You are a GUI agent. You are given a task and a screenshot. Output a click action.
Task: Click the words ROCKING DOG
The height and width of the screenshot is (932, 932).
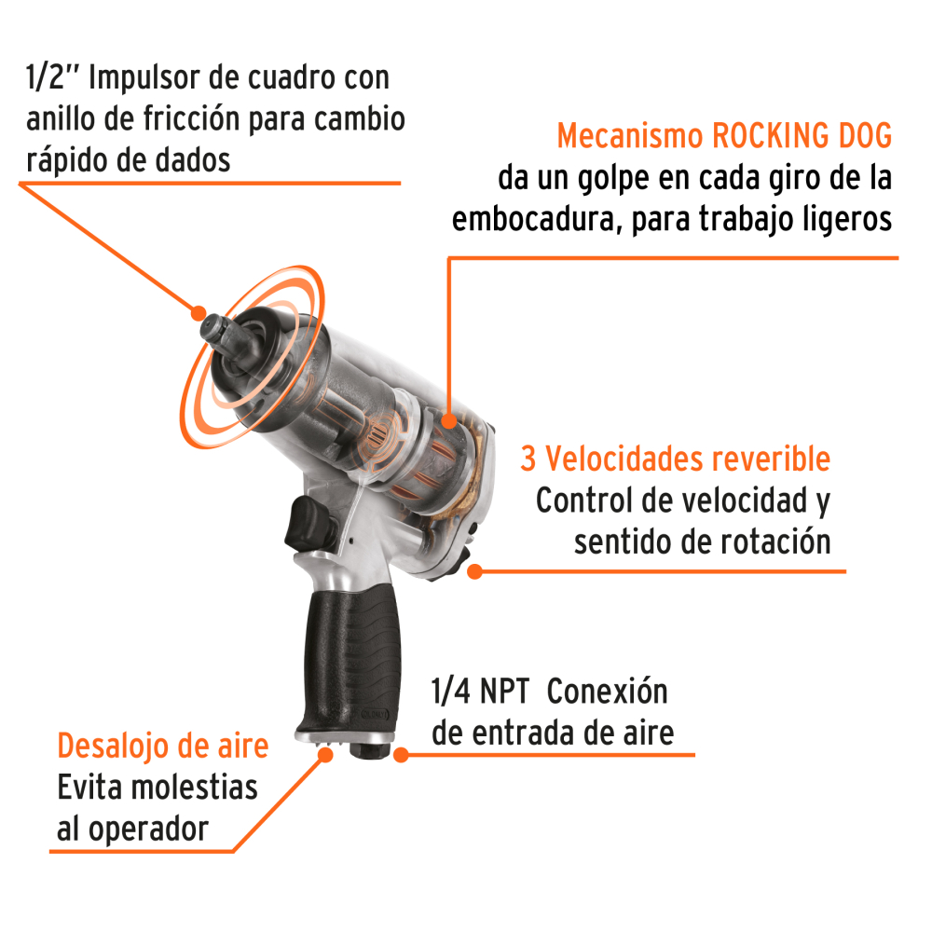pyautogui.click(x=802, y=136)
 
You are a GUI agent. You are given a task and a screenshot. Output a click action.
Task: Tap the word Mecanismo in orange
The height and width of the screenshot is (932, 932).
pyautogui.click(x=629, y=136)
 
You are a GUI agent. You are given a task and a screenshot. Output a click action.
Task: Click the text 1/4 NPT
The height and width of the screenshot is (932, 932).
pyautogui.click(x=480, y=692)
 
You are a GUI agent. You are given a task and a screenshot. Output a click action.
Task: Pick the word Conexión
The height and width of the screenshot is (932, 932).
pyautogui.click(x=607, y=692)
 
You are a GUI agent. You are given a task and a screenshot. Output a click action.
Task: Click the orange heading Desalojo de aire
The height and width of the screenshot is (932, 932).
pyautogui.click(x=163, y=747)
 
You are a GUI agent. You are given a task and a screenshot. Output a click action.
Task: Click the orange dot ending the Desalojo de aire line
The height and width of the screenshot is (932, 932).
pyautogui.click(x=325, y=752)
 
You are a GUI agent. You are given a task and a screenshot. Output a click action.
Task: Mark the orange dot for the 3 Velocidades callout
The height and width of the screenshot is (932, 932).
pyautogui.click(x=474, y=570)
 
